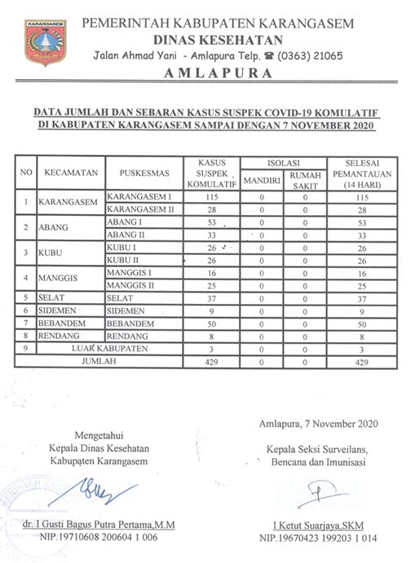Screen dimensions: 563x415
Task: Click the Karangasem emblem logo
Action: point(45,42)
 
